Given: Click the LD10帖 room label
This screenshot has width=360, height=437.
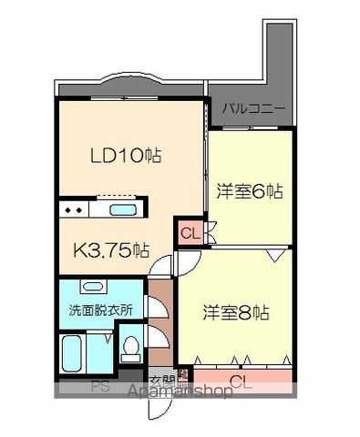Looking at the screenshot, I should click(125, 156).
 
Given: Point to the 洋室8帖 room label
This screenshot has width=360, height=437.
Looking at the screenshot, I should click(235, 311).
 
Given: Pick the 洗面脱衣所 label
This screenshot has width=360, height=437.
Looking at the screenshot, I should click(100, 310).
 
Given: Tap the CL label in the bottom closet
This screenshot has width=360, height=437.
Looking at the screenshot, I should click(241, 381).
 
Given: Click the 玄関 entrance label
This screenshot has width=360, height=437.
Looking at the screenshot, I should click(161, 381).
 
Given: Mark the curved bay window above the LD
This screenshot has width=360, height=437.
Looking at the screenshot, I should click(127, 85).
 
